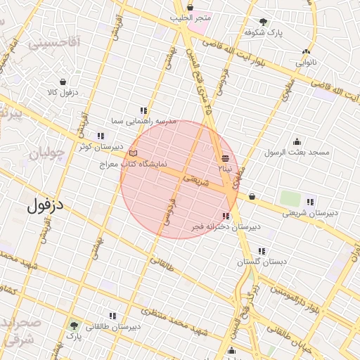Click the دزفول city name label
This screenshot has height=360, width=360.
point(46,206)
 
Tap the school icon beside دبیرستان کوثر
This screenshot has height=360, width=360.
point(101,136)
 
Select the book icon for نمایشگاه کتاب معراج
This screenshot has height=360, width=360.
point(134,153)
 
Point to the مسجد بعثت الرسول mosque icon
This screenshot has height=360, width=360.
point(297,141)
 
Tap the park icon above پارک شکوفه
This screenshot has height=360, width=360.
point(263,22)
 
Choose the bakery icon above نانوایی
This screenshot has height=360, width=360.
point(305,51)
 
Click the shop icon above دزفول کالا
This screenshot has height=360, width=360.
point(63,82)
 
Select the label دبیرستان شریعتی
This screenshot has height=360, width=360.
point(310,212)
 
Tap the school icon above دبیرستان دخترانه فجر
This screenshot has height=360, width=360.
point(225,216)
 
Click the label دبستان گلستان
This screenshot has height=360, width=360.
point(262,262)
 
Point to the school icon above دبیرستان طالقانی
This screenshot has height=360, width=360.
point(112,316)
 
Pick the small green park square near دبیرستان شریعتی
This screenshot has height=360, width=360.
point(289,198)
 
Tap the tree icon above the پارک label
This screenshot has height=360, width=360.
point(74,325)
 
